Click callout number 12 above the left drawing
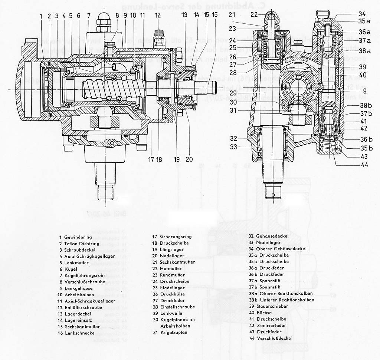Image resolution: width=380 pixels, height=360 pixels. pos(158,15)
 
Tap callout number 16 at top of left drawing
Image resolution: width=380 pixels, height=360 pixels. pos(215,15)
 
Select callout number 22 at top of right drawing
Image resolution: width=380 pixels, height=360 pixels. pos(254,14)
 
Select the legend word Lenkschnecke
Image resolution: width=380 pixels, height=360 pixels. pos(79,333)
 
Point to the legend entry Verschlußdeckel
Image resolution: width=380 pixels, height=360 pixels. pos(274,338)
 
